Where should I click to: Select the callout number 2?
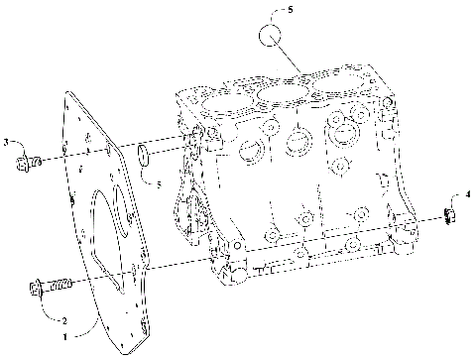pyautogui.click(x=64, y=321)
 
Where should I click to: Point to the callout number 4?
pyautogui.click(x=469, y=195)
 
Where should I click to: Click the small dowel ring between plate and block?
pyautogui.click(x=145, y=154)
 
